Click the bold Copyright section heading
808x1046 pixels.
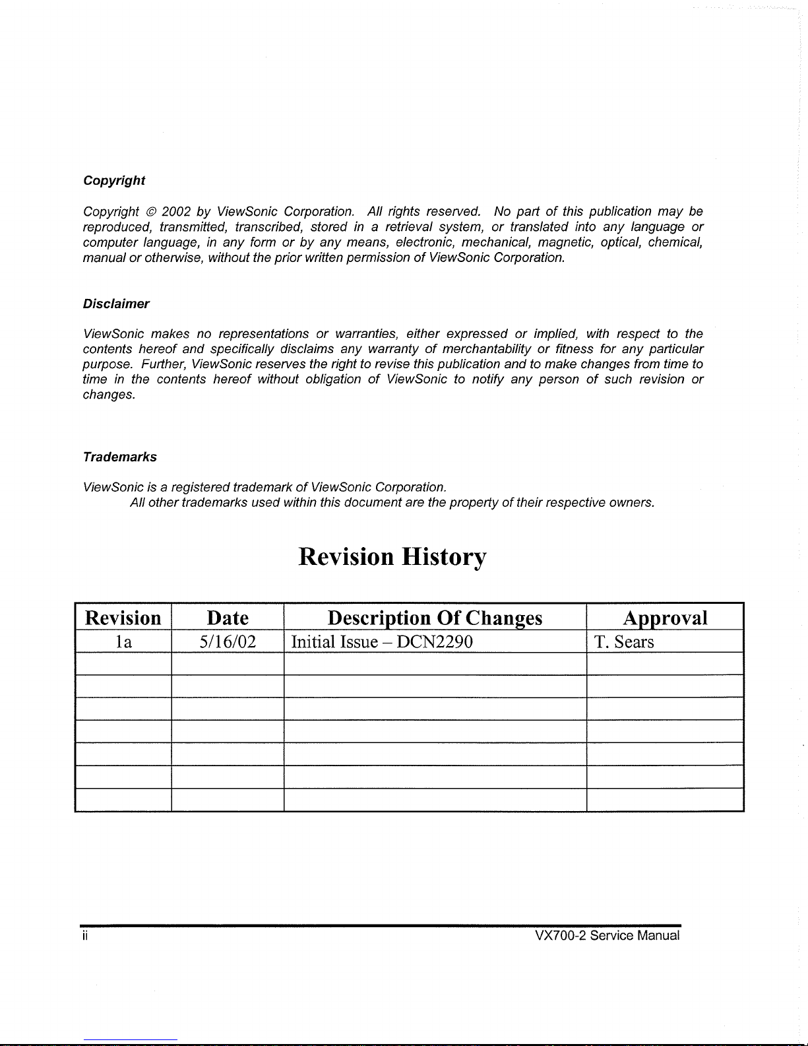113,181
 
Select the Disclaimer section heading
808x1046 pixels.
116,304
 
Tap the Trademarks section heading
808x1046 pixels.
119,457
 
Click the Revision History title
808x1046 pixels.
392,557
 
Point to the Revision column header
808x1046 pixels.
123,618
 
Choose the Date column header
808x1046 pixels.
228,618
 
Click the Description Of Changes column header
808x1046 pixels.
435,618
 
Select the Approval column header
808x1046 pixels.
665,618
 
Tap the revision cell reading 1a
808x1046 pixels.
123,642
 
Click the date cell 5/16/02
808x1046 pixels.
228,642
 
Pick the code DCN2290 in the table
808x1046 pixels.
435,642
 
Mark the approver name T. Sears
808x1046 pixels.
624,642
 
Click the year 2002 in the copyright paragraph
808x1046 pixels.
176,212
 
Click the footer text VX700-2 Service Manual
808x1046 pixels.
607,936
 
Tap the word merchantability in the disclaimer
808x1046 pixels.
487,349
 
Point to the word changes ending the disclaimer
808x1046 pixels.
108,395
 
